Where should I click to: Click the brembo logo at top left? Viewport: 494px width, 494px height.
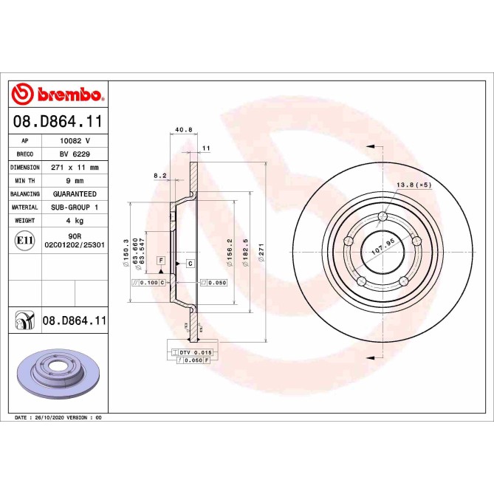coord(57,95)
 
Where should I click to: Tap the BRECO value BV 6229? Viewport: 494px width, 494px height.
coord(74,154)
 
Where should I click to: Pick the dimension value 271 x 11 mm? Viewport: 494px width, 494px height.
coord(74,168)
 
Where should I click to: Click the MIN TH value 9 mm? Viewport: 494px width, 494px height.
coord(74,181)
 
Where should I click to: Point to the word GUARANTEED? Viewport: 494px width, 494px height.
coord(74,194)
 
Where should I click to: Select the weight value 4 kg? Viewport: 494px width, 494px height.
coord(74,221)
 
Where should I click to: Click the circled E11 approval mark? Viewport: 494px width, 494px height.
coord(24,240)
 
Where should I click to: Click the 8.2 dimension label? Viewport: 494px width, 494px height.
coord(159,176)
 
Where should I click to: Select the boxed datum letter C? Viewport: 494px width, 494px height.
coord(190,263)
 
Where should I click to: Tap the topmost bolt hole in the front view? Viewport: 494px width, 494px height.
coord(382,216)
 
